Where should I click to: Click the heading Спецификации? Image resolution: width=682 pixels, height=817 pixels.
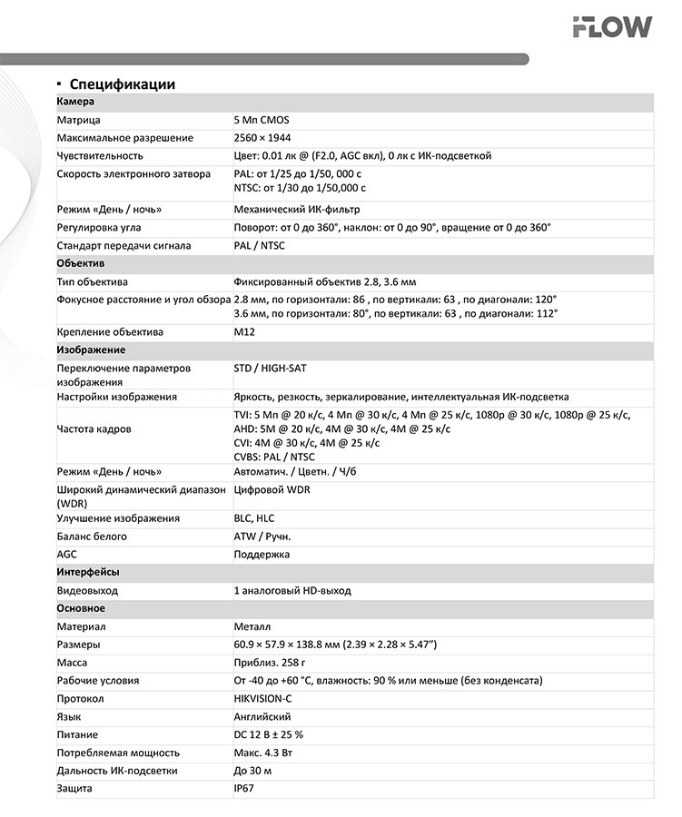tap(122, 84)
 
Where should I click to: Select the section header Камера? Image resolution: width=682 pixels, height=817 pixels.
tap(75, 102)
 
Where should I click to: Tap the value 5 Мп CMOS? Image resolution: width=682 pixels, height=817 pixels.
tap(262, 120)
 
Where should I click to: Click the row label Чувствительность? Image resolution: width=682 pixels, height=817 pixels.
tap(100, 156)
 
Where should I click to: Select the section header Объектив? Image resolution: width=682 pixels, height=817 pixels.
tap(81, 263)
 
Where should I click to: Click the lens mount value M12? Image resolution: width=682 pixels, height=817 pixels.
tap(244, 332)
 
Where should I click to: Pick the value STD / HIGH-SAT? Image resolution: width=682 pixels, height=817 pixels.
tap(272, 369)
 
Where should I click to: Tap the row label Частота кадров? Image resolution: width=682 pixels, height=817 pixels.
tap(94, 428)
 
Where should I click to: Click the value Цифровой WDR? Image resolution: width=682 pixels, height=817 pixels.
tap(272, 490)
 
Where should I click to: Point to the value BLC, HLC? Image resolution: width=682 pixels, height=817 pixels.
tap(255, 518)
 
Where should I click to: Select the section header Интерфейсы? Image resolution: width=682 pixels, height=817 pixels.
tap(88, 573)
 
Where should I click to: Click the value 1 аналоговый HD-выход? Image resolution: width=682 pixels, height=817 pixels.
tap(292, 591)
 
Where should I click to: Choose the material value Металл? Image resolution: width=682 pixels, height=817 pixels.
tap(252, 627)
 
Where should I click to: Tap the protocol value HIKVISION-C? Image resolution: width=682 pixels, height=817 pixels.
tap(262, 699)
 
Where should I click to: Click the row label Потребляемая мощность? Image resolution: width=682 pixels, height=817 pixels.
tap(118, 753)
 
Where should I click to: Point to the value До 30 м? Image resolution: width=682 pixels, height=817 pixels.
tap(252, 771)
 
